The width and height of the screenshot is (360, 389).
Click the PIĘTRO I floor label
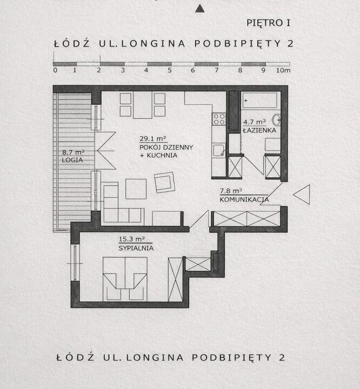pyautogui.click(x=268, y=23)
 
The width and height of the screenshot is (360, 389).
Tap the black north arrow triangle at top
pyautogui.click(x=200, y=9)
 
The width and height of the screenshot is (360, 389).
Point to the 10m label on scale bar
pyautogui.click(x=283, y=70)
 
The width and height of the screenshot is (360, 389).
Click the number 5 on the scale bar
pyautogui.click(x=170, y=70)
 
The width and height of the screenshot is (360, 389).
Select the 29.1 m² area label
pyautogui.click(x=152, y=138)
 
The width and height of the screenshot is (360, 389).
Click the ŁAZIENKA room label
pyautogui.click(x=259, y=130)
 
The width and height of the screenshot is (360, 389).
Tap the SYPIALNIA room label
pyautogui.click(x=136, y=248)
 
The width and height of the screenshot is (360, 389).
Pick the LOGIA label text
pyautogui.click(x=72, y=160)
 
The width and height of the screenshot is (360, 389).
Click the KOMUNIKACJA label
pyautogui.click(x=244, y=199)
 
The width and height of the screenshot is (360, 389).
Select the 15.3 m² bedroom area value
pyautogui.click(x=131, y=239)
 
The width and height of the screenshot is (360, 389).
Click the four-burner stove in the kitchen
pyautogui.click(x=219, y=119)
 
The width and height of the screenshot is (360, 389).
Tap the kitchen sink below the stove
pyautogui.click(x=219, y=150)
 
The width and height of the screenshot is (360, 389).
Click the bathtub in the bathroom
pyautogui.click(x=259, y=100)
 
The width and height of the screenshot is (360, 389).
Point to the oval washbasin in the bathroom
pyautogui.click(x=276, y=120)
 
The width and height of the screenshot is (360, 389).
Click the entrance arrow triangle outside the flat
pyautogui.click(x=302, y=194)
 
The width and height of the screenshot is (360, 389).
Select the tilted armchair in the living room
pyautogui.click(x=164, y=183)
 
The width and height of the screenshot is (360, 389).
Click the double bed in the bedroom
pyautogui.click(x=125, y=279)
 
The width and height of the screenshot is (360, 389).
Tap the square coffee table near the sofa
pyautogui.click(x=136, y=189)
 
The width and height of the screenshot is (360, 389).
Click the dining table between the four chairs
pyautogui.click(x=143, y=105)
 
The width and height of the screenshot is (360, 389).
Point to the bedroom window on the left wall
pyautogui.click(x=75, y=263)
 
